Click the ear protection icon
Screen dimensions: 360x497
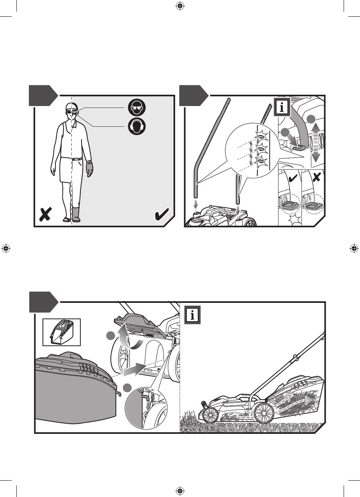[137, 126]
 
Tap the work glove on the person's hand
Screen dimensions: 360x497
[90, 169]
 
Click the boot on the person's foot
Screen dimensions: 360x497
[76, 214]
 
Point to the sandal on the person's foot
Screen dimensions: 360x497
[67, 219]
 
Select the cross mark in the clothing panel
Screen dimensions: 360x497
[45, 214]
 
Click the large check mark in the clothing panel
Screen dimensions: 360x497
[162, 214]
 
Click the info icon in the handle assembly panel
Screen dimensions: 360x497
[282, 107]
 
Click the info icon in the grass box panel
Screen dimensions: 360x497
[192, 315]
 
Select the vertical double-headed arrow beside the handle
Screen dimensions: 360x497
[316, 141]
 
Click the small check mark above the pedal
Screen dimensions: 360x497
[294, 177]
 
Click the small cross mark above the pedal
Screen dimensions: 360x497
[317, 177]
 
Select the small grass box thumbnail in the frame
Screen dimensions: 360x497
[62, 332]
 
